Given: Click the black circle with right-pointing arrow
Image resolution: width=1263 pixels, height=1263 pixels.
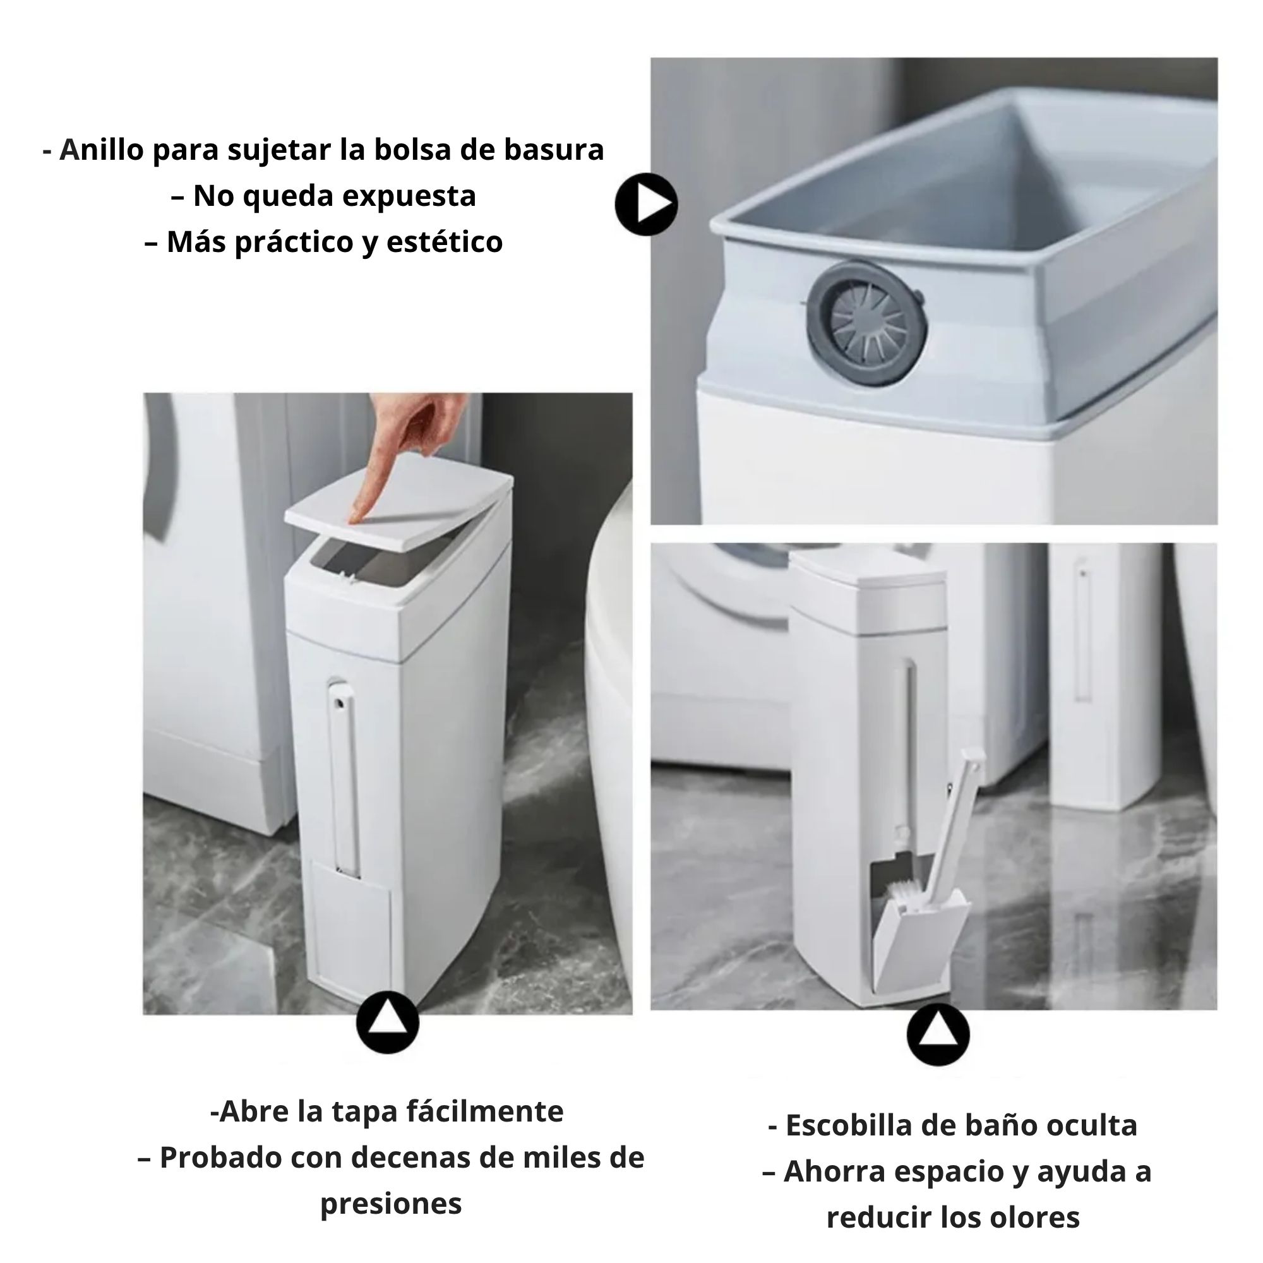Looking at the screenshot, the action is click(646, 204).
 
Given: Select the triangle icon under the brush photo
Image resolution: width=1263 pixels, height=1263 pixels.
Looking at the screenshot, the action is click(938, 1035).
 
